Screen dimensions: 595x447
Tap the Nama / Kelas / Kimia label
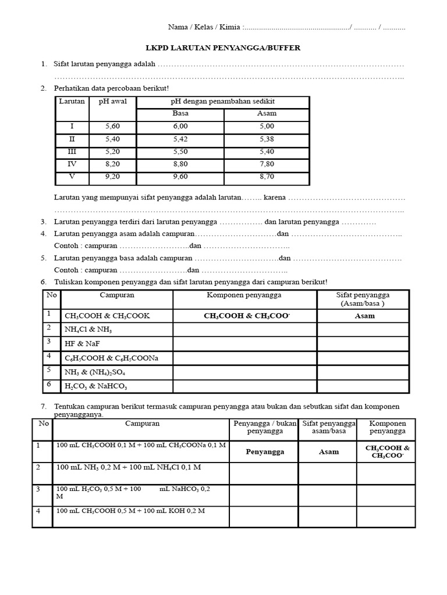(204, 27)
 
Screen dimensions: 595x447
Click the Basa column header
(180, 113)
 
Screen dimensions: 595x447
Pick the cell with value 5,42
(180, 139)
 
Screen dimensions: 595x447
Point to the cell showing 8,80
(180, 164)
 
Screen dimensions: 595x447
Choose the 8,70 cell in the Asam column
(267, 177)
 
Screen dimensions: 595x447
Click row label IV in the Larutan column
(72, 164)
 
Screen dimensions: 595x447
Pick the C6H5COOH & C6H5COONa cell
(111, 358)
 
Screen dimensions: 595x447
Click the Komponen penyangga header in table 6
(244, 295)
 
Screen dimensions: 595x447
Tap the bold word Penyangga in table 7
(263, 451)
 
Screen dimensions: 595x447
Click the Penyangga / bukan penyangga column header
(263, 427)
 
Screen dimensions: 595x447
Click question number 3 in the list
(44, 222)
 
